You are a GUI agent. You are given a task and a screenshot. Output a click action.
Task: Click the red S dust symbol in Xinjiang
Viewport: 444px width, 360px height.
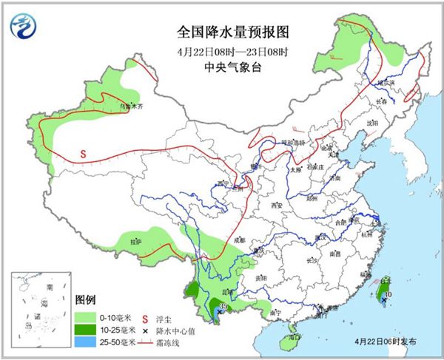coord(84,154)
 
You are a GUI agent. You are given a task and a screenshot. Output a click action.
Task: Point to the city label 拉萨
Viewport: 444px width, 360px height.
coord(135,241)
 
